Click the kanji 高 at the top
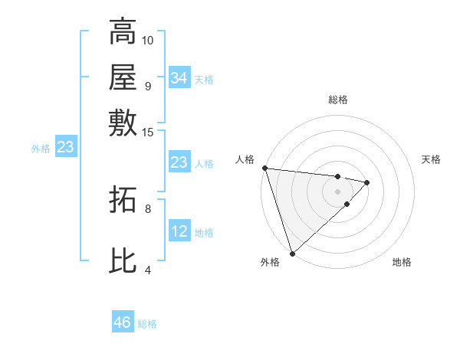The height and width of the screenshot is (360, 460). point(123,33)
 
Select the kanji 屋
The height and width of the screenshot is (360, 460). point(123,77)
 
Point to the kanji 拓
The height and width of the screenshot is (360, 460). point(123,201)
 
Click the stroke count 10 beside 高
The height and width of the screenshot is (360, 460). point(148,40)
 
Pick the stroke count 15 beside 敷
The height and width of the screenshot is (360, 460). point(148,133)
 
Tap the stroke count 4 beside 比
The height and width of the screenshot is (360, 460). point(147,270)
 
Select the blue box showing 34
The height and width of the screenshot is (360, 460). point(179,77)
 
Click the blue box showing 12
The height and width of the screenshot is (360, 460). point(179,231)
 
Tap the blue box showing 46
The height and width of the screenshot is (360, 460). point(122,322)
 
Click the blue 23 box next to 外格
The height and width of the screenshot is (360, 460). point(64,148)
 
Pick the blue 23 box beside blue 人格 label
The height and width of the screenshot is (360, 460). point(179,162)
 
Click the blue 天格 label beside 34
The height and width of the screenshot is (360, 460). point(204,80)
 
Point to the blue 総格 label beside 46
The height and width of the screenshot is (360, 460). point(147,325)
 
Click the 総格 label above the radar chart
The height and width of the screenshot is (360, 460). point(337,100)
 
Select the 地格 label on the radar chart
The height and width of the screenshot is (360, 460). point(402,263)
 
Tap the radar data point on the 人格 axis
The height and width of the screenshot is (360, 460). point(264,168)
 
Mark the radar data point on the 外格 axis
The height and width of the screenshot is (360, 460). point(292,252)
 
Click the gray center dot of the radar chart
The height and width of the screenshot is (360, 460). point(337,190)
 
